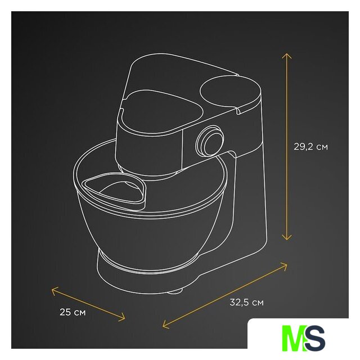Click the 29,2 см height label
coord(311,147)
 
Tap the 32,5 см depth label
coord(246,303)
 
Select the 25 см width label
coord(73,312)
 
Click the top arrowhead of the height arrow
coord(287,56)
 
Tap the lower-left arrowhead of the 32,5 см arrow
coord(165,324)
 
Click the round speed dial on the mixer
coord(209,140)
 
